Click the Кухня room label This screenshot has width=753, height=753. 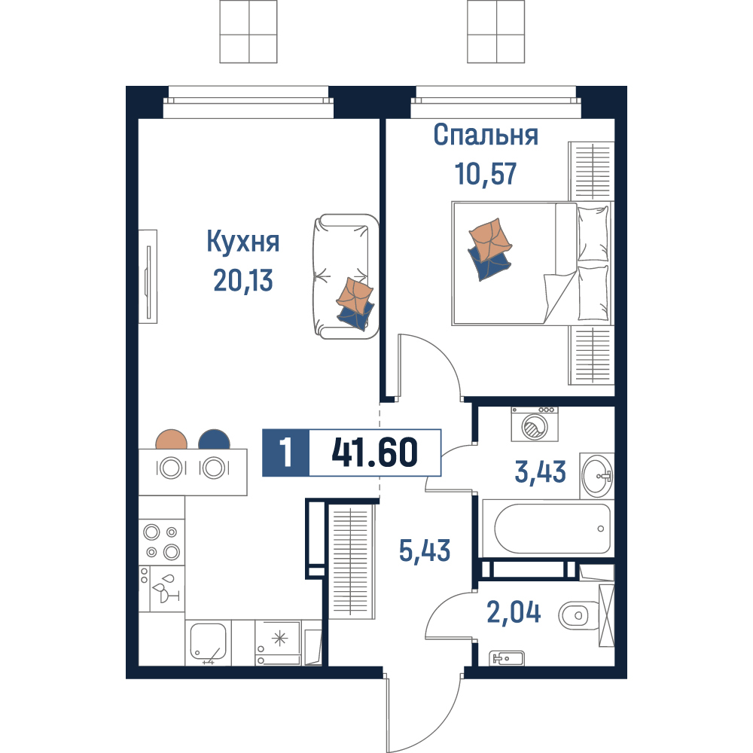click(x=243, y=242)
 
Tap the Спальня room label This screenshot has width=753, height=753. click(x=486, y=135)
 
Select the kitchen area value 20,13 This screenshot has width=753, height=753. click(x=243, y=280)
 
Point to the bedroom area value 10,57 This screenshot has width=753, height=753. click(x=486, y=174)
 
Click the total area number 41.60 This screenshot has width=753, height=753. click(x=374, y=453)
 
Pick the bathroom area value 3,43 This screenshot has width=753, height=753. click(x=540, y=471)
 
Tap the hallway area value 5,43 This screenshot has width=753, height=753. click(x=425, y=550)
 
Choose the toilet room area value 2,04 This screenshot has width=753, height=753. click(x=514, y=612)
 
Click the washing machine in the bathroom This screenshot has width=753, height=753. click(x=535, y=424)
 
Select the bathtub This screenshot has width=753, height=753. click(x=547, y=529)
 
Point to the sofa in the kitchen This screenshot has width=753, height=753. click(x=346, y=276)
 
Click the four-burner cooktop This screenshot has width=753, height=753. click(x=162, y=541)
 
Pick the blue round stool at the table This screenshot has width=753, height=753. click(x=214, y=440)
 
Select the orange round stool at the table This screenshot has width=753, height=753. click(x=172, y=440)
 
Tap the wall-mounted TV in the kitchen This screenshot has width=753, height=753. click(x=148, y=276)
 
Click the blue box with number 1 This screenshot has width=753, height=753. click(x=285, y=453)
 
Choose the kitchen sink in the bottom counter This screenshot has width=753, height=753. click(x=208, y=642)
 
